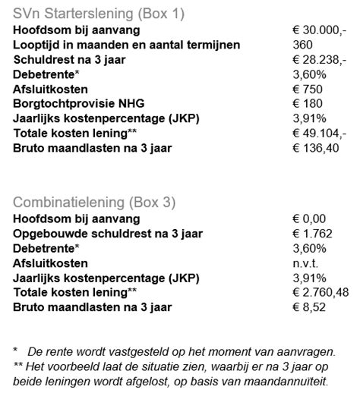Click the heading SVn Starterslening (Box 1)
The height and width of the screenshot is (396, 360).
click(x=99, y=14)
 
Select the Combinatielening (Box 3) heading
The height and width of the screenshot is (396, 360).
click(x=94, y=202)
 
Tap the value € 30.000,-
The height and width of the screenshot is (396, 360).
click(x=320, y=30)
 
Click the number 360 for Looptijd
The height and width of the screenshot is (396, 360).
click(x=302, y=45)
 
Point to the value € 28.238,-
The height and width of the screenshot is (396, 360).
click(x=320, y=60)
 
